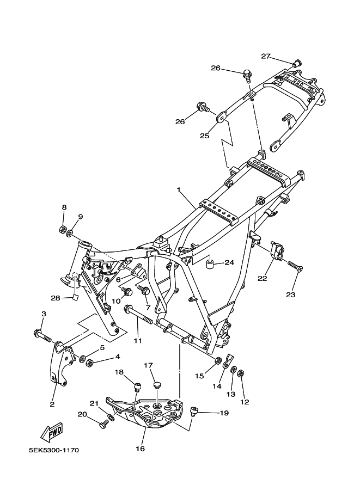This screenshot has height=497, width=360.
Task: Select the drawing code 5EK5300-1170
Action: pos(54,450)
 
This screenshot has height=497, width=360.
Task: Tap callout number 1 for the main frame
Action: pos(179,190)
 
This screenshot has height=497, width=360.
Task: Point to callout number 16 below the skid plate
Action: pos(140,449)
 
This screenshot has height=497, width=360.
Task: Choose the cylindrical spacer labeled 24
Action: pos(210,263)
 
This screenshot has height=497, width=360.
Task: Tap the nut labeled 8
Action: pos(63,229)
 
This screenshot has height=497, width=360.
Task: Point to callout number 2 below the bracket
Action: pos(52,404)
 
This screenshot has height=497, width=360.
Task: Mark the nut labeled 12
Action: pos(240,373)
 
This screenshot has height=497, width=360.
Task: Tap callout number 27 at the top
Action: pos(265,57)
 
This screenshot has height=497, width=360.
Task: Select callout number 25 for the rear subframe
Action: pos(205,136)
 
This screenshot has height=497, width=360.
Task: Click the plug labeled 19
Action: pos(193,411)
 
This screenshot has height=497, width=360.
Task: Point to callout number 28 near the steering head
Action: pos(55,298)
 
